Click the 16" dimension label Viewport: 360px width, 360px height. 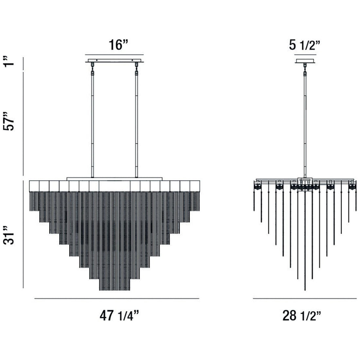[x=118, y=45]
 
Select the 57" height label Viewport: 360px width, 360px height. [x=9, y=121]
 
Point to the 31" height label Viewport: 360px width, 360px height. [x=9, y=235]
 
